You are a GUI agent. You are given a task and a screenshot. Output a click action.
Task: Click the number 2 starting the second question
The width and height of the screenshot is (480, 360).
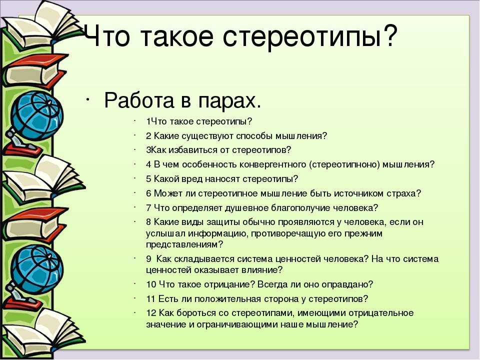148,136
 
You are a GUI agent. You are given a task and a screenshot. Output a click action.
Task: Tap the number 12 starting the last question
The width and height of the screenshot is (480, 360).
151,313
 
